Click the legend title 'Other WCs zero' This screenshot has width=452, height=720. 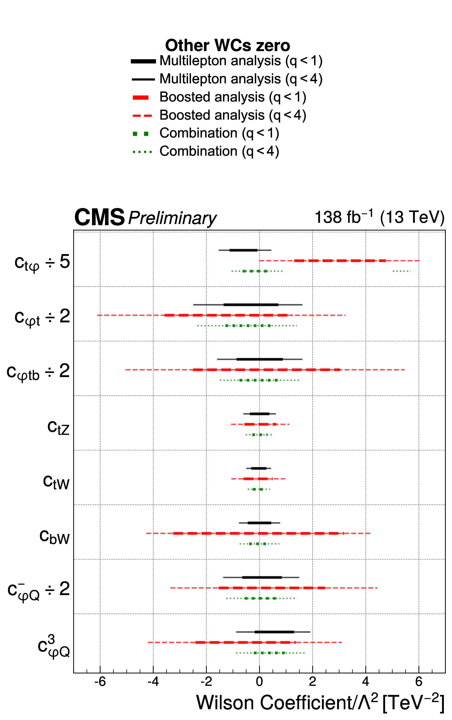click(x=228, y=45)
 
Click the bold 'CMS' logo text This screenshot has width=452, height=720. click(x=99, y=217)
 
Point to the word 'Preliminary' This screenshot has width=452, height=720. click(x=172, y=218)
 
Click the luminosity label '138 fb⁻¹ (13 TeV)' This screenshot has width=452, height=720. click(x=379, y=217)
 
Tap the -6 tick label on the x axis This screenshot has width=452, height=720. click(x=100, y=682)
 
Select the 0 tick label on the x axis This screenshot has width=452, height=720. click(x=259, y=682)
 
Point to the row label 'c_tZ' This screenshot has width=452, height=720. click(x=58, y=428)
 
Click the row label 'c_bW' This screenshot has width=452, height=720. click(x=54, y=537)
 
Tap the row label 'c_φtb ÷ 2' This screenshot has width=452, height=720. click(x=38, y=372)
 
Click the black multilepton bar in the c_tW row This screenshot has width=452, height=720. click(x=259, y=468)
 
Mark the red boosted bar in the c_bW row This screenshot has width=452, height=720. click(x=258, y=533)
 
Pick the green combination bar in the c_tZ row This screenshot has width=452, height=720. click(x=259, y=435)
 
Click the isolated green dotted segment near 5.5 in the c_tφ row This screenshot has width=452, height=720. click(x=402, y=271)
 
